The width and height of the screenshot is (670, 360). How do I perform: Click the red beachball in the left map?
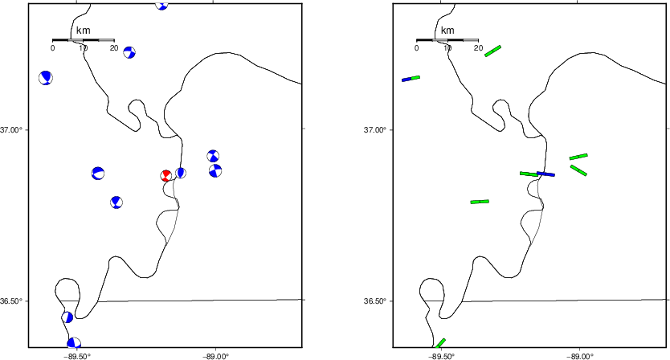click(166, 175)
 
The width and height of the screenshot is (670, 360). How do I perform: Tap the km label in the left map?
click(83, 31)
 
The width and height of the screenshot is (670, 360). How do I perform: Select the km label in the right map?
click(447, 31)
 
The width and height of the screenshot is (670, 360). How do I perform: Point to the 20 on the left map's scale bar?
click(113, 48)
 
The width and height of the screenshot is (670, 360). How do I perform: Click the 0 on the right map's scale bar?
click(417, 48)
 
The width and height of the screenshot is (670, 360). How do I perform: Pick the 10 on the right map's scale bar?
click(447, 48)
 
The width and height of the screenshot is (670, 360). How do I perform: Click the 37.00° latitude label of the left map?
click(11, 129)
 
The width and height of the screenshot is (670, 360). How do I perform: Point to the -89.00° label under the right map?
click(579, 356)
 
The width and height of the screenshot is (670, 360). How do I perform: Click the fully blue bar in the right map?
click(545, 174)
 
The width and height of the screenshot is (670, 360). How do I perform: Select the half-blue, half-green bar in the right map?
click(411, 78)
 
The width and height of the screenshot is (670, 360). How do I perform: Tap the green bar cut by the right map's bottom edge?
click(440, 343)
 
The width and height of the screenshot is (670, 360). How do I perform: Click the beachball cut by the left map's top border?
click(161, 6)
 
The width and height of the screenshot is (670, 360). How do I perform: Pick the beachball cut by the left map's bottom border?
click(74, 342)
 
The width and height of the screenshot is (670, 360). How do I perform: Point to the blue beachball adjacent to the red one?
click(181, 173)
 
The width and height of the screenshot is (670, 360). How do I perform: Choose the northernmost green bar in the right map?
click(492, 51)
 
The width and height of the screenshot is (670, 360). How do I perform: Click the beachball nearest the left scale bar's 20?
click(129, 52)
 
